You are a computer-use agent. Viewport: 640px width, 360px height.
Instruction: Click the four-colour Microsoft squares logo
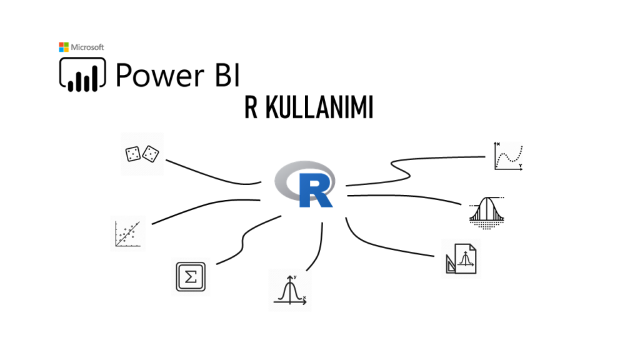coord(64,47)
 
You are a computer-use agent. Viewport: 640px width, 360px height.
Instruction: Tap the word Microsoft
coord(87,47)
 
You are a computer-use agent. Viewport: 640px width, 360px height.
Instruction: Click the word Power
coord(156,74)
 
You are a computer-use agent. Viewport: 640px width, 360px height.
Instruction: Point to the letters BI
coord(222,74)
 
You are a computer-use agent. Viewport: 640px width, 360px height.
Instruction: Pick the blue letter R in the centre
coord(314,191)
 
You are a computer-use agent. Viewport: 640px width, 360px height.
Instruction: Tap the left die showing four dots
coord(132,154)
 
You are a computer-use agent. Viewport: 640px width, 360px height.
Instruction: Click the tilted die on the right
coord(151,152)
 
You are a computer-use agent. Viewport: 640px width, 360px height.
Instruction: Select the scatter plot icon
coord(128,234)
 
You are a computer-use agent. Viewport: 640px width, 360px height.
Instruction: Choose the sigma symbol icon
coord(191,276)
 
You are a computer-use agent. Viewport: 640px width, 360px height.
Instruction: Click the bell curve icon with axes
coord(289,291)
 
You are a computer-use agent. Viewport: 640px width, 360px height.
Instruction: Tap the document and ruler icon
coord(461,257)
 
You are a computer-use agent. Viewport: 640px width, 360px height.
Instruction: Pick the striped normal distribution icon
coord(486,212)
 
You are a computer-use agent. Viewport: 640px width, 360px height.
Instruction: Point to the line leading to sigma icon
coord(245,236)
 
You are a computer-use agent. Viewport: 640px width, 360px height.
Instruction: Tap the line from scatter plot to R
coord(200,209)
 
